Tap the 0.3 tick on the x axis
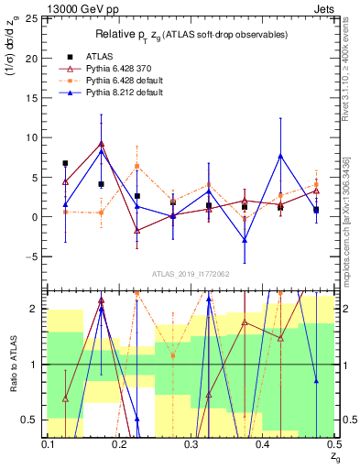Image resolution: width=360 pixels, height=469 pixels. coord(191,444)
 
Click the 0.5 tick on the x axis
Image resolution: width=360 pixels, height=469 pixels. coord(334,444)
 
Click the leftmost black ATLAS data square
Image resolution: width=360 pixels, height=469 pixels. coord(65,163)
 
